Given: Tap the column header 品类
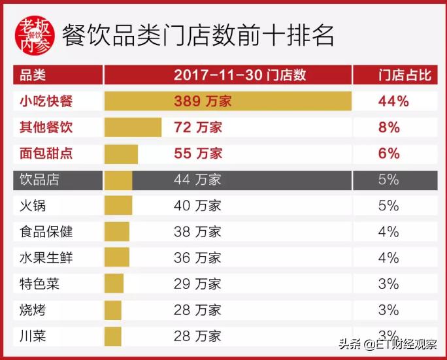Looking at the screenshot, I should [x=33, y=75].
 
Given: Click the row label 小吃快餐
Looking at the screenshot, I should [x=46, y=101].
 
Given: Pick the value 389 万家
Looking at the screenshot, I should [x=203, y=101].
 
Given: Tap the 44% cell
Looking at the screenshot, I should [x=393, y=101].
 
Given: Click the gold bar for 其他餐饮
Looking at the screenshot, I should [x=133, y=127].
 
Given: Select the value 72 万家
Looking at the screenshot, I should [x=198, y=127].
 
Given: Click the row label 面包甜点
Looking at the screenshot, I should [x=46, y=154].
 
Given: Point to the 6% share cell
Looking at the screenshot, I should [x=389, y=154].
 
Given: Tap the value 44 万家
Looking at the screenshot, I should [x=198, y=180].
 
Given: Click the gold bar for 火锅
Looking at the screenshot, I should [x=118, y=206].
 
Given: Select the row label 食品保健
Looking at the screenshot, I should [x=46, y=232].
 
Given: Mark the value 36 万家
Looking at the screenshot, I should [x=198, y=258].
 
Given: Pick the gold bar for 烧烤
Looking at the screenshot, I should [x=113, y=310].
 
